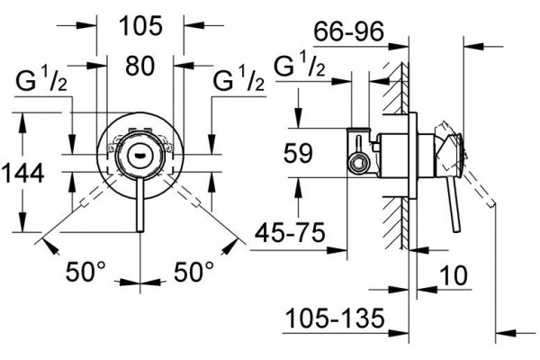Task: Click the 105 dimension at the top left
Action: pyautogui.click(x=140, y=26)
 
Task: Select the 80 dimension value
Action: pyautogui.click(x=139, y=66)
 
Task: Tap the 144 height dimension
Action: pyautogui.click(x=23, y=173)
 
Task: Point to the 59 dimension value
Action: pyautogui.click(x=298, y=153)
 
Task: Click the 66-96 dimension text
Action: pyautogui.click(x=348, y=31)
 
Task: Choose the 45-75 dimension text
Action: pyautogui.click(x=290, y=232)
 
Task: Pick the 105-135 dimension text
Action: pyautogui.click(x=335, y=318)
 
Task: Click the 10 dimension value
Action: pyautogui.click(x=454, y=275)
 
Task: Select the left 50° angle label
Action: pyautogui.click(x=85, y=272)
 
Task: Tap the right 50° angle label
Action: pyautogui.click(x=193, y=272)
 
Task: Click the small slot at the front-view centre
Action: pyautogui.click(x=139, y=156)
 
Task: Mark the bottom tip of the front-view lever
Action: pyautogui.click(x=140, y=232)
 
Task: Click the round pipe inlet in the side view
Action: pyautogui.click(x=358, y=163)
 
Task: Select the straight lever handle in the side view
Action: pyautogui.click(x=454, y=205)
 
